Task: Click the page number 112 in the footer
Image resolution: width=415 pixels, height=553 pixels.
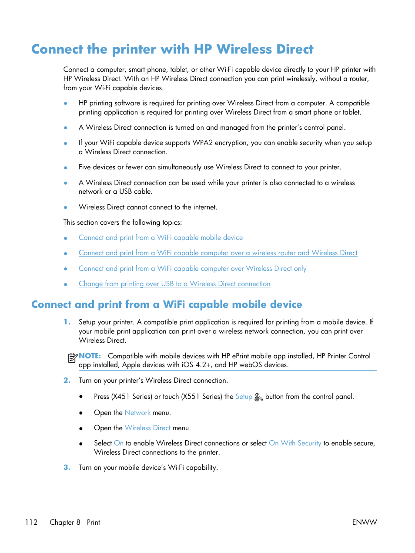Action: pyautogui.click(x=31, y=522)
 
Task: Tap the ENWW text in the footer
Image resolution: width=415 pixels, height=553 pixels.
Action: pyautogui.click(x=364, y=522)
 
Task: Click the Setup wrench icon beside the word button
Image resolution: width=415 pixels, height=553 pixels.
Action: pyautogui.click(x=258, y=397)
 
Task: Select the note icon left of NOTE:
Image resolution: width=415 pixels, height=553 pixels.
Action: pyautogui.click(x=73, y=358)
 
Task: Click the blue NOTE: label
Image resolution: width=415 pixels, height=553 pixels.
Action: pyautogui.click(x=90, y=356)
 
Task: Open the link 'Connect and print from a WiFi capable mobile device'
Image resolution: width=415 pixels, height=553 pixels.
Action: pyautogui.click(x=161, y=238)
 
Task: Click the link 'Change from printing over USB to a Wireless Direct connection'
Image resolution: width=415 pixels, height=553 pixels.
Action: pyautogui.click(x=174, y=284)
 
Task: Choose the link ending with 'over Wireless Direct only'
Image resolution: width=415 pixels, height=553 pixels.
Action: pyautogui.click(x=192, y=269)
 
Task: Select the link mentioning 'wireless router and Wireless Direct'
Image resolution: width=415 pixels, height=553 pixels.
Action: pyautogui.click(x=218, y=253)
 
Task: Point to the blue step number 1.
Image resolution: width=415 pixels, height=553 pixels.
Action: pyautogui.click(x=67, y=322)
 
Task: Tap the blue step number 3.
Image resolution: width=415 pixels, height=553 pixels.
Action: pyautogui.click(x=67, y=467)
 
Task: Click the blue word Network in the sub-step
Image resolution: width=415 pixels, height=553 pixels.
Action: pyautogui.click(x=137, y=412)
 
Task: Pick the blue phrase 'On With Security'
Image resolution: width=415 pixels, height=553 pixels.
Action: pyautogui.click(x=295, y=443)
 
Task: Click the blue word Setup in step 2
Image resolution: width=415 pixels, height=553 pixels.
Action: pyautogui.click(x=244, y=397)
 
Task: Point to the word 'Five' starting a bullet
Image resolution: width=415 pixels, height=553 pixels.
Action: pyautogui.click(x=85, y=167)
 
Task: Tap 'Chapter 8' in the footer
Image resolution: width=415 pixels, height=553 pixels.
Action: pyautogui.click(x=65, y=522)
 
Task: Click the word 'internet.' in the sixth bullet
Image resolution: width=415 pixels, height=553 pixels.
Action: pyautogui.click(x=205, y=207)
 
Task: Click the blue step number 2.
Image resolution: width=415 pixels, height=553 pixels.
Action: pyautogui.click(x=67, y=380)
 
